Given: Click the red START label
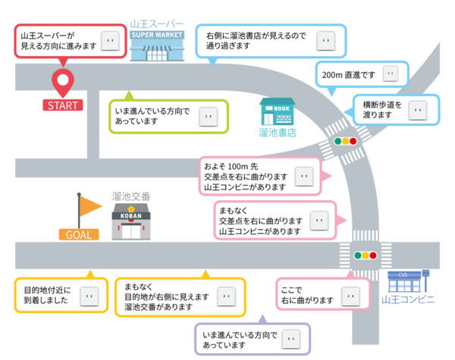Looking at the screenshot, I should point(62,105).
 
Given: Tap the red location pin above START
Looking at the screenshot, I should point(61,80).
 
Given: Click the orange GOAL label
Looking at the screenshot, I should point(78,235).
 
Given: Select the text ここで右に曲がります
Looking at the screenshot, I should point(307,294).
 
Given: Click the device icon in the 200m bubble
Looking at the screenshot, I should point(390,74).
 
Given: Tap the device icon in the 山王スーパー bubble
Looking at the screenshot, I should point(110,40).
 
